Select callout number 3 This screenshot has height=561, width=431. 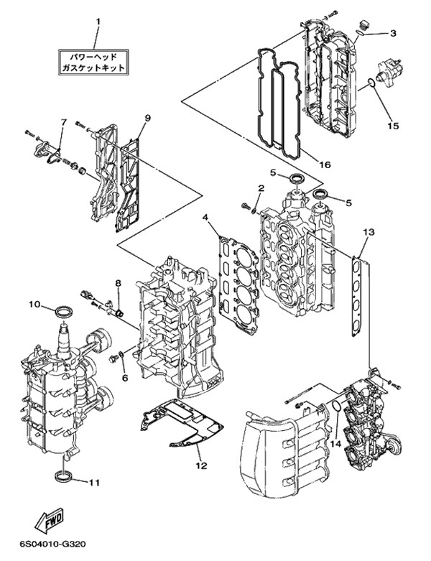click(394, 33)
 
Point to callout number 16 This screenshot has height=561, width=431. click(325, 164)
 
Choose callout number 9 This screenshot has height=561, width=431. click(147, 118)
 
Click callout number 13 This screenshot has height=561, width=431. click(369, 232)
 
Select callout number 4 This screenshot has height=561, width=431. click(205, 217)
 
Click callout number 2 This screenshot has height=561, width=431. click(261, 188)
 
